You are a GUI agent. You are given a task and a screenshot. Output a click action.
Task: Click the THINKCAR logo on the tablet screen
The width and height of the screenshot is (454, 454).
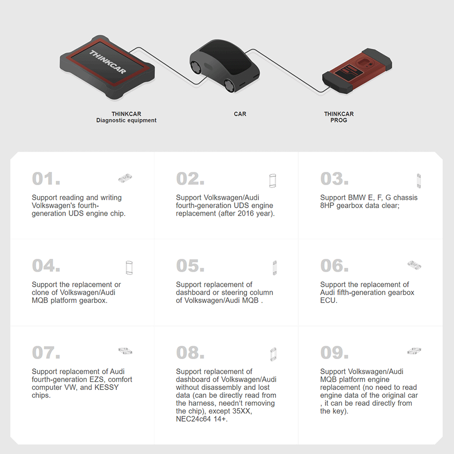(108, 62)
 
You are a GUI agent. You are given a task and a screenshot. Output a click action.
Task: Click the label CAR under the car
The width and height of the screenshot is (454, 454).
(240, 114)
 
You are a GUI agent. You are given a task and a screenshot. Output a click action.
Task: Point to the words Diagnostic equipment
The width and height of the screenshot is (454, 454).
(126, 120)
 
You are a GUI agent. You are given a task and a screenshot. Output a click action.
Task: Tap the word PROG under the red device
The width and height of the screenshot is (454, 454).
(339, 120)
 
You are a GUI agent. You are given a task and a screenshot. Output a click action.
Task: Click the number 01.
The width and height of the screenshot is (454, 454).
(46, 179)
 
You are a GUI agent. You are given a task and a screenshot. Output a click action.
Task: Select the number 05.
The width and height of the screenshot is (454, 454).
(190, 266)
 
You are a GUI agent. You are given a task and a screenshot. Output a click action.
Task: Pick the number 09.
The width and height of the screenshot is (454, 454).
(335, 353)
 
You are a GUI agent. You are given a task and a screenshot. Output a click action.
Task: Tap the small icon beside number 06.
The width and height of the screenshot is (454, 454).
(414, 264)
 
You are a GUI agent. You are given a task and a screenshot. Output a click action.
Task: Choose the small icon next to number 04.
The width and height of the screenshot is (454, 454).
(129, 267)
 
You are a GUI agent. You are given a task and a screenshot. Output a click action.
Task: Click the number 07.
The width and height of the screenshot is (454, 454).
(46, 353)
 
